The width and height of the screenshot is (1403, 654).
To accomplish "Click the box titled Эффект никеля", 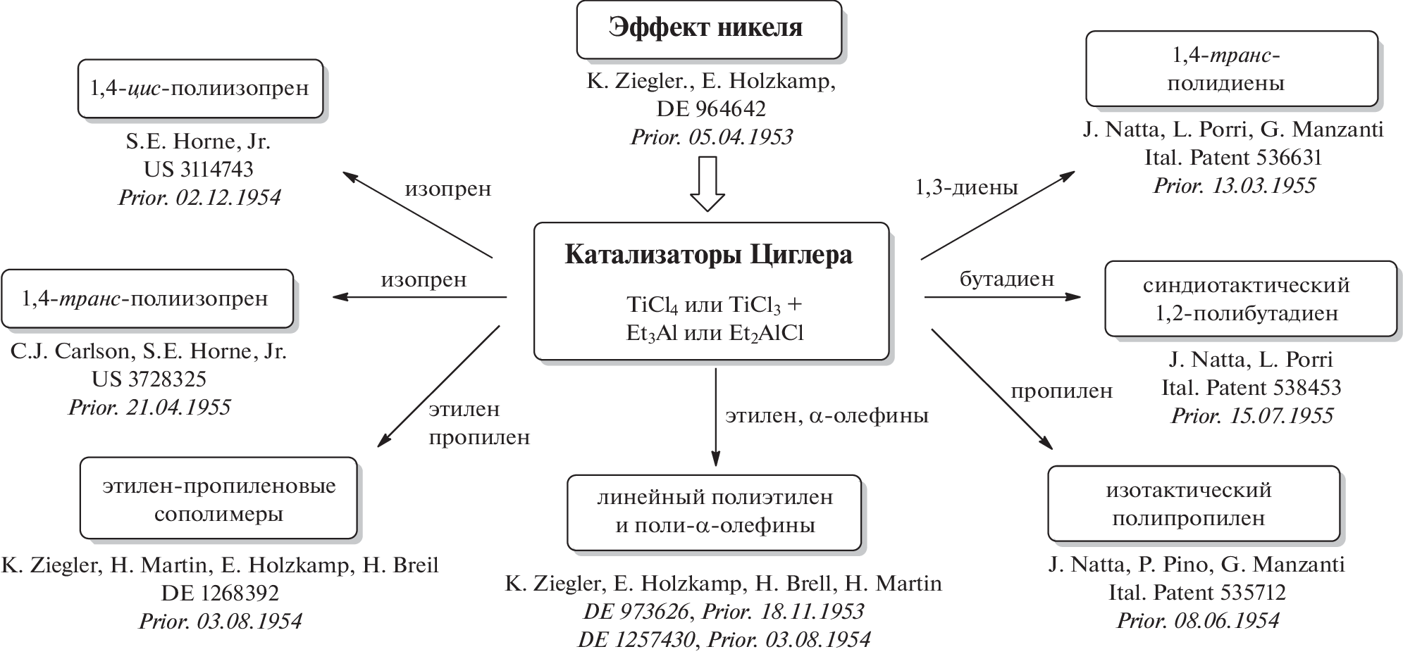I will click(x=708, y=29).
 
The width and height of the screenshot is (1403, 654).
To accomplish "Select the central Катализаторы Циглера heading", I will click(x=708, y=255).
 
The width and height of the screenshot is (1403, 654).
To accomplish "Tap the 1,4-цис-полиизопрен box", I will click(x=199, y=89).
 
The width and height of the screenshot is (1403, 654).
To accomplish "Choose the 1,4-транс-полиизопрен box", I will click(x=146, y=298).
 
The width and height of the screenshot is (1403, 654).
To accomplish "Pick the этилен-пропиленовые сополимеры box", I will click(x=218, y=498).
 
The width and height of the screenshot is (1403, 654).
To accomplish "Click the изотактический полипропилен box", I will click(x=1193, y=504).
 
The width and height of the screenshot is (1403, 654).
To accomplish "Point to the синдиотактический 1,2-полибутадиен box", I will click(x=1250, y=299).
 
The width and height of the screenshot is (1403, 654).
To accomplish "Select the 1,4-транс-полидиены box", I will click(x=1230, y=69).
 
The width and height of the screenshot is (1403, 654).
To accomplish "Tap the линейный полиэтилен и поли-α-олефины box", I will click(x=714, y=512).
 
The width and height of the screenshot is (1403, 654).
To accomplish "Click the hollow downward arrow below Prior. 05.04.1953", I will click(x=707, y=183).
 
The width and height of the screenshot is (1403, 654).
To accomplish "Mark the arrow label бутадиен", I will click(x=1007, y=279).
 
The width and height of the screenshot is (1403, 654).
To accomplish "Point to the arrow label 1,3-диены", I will click(x=966, y=187).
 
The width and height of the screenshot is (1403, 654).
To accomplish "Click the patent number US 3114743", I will click(x=198, y=170).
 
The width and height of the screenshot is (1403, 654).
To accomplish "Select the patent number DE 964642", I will click(x=710, y=109).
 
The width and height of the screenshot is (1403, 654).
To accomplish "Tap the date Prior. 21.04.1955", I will click(x=149, y=408).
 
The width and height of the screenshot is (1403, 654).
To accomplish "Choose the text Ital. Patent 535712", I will click(x=1197, y=593).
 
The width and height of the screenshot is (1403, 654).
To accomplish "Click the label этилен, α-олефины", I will click(x=827, y=416).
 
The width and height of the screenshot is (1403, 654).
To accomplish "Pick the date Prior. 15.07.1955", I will click(x=1251, y=416).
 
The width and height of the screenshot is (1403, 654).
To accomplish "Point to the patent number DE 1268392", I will click(x=220, y=593).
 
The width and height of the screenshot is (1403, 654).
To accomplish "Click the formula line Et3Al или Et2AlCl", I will click(x=714, y=333).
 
